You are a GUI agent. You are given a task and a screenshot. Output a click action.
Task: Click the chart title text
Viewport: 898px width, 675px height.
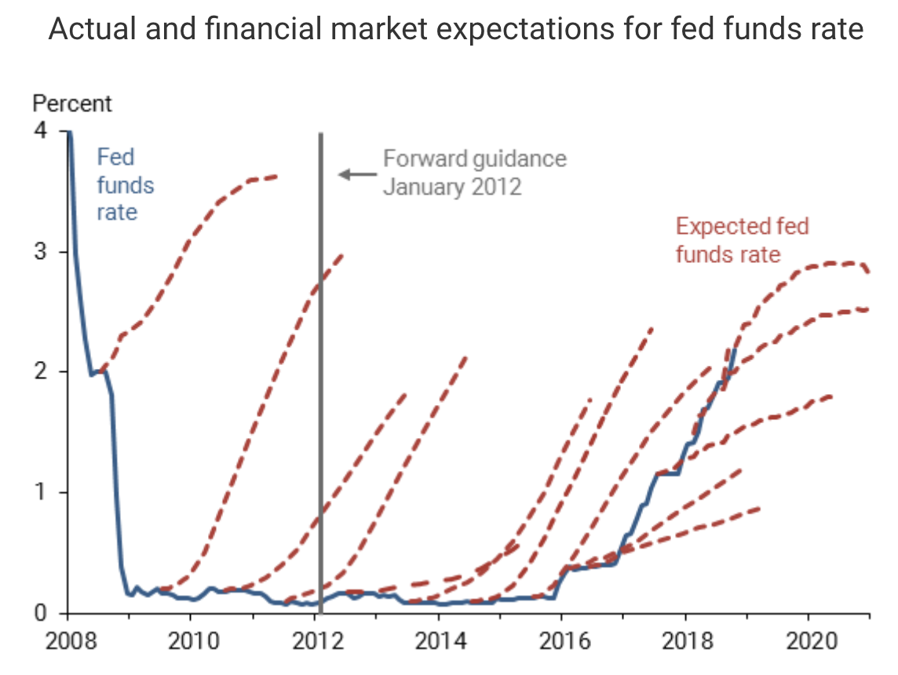coord(456,30)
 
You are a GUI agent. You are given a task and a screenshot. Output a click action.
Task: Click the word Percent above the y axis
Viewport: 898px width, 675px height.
coord(71,103)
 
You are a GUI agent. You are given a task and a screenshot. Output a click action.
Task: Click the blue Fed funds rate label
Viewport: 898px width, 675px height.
coord(125,184)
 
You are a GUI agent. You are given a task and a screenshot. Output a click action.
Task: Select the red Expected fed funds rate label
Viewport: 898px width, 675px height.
coord(741,240)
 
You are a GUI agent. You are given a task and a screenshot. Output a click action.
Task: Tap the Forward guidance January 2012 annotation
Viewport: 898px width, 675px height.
coord(474,173)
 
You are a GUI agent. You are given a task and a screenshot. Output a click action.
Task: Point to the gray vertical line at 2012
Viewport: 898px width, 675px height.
coord(321,353)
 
